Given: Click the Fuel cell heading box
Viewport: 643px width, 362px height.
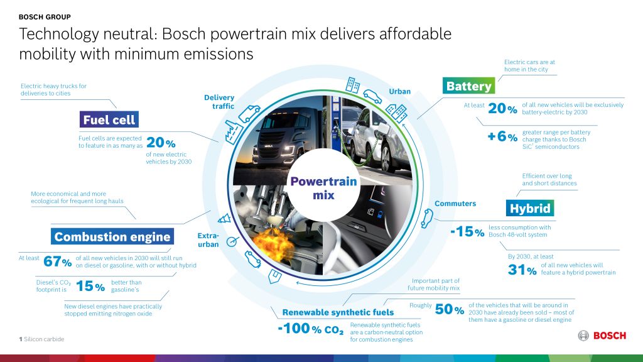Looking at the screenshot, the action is click(109, 119).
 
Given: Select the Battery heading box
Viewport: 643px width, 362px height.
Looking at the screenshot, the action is click(468, 85).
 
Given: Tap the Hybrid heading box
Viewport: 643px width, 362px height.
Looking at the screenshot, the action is click(530, 208).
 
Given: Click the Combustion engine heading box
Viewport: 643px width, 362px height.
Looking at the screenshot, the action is click(112, 236).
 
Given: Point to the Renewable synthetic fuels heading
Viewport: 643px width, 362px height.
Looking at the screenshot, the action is click(338, 312).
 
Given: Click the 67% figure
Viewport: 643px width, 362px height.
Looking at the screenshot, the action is click(57, 261).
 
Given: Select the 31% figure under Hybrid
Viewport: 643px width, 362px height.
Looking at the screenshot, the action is click(522, 270).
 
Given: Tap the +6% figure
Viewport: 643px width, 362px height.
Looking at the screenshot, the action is click(502, 136).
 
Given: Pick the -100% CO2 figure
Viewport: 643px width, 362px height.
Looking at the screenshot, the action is click(310, 329).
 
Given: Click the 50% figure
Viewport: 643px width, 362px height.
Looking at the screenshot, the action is click(450, 309).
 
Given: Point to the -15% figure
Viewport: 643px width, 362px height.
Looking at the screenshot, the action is click(467, 231).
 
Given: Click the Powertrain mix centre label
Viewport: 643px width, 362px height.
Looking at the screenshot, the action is click(323, 188).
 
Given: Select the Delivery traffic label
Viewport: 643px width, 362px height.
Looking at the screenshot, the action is click(219, 102).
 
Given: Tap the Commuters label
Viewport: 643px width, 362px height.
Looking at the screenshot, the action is click(455, 204).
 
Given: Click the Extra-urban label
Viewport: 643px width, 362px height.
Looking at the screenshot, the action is click(208, 240).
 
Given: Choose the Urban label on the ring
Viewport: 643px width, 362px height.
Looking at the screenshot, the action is click(400, 92).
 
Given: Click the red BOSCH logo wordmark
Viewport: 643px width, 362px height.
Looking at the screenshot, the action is click(610, 336).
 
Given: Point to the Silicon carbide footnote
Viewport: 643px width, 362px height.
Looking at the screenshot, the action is click(41, 339).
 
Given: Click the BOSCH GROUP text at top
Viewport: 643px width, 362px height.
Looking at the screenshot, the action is click(45, 17).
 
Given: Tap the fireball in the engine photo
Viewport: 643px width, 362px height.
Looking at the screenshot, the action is click(273, 244).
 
